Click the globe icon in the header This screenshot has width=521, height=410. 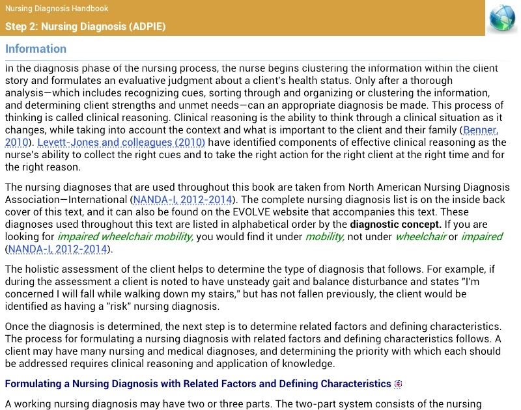[502, 18]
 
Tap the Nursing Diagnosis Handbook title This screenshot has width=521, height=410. [57, 8]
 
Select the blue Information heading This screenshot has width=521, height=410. [36, 49]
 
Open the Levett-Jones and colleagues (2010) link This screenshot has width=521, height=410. [121, 142]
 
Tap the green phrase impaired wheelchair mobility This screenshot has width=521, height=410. [125, 237]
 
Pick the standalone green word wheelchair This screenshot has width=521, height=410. [420, 237]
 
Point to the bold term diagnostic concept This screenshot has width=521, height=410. [395, 225]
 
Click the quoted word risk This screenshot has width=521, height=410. [130, 306]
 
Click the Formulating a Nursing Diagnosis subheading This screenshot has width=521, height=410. [197, 384]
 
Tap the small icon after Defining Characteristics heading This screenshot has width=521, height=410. [398, 384]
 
